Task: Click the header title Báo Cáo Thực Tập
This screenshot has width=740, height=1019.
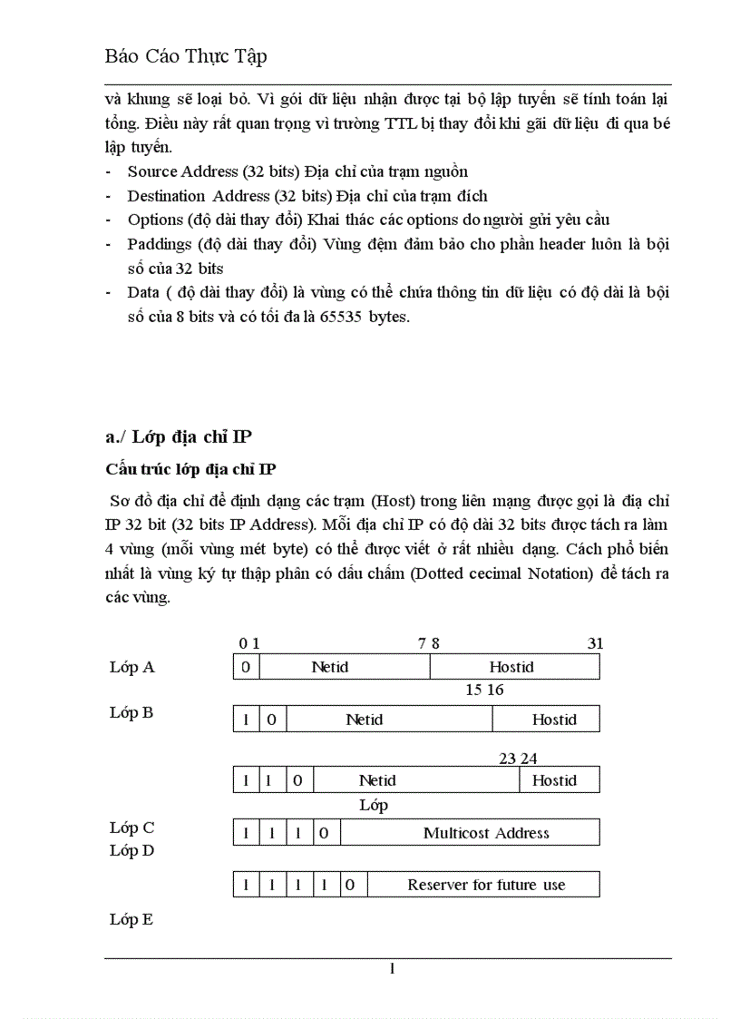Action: coord(186,56)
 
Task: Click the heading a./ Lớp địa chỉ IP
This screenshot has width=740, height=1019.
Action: coord(178,437)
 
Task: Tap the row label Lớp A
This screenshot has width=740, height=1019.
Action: coord(132,667)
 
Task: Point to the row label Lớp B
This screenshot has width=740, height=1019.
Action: coord(131,712)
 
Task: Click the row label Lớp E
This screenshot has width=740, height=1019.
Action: coord(131,919)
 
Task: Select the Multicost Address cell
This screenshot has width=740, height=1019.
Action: coord(486,832)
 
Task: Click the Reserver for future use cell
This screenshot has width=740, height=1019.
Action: coord(486,884)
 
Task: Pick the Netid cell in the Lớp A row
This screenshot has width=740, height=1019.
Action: coord(330,667)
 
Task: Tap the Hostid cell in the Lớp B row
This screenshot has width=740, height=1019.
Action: coord(553,720)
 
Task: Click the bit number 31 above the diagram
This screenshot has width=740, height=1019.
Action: coord(595,643)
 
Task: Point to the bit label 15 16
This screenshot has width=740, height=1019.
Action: coord(484,690)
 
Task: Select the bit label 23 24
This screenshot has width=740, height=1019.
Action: coord(518,759)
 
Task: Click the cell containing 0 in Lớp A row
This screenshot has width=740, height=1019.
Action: coord(246,667)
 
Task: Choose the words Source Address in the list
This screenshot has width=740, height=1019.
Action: coord(178,171)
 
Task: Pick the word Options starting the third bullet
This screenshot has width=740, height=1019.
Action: coord(155,220)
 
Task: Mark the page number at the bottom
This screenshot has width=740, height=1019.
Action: coord(392,969)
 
